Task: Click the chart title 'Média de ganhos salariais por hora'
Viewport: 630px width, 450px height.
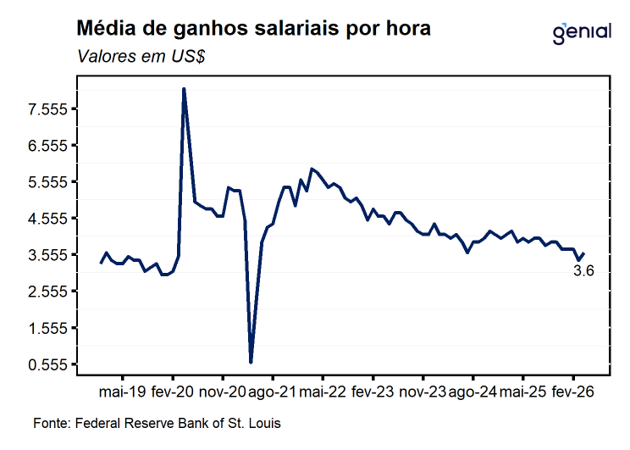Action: tap(253, 29)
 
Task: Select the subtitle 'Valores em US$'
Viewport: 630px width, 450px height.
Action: tap(141, 56)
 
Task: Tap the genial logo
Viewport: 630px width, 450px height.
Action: tap(582, 33)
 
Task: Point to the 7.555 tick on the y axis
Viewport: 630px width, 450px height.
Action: tap(47, 109)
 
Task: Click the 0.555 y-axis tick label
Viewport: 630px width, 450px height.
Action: tap(47, 364)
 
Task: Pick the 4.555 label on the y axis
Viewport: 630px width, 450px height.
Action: tap(47, 219)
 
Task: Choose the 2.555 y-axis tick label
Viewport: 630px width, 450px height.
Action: tap(47, 292)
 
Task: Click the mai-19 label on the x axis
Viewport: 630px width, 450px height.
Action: tap(123, 392)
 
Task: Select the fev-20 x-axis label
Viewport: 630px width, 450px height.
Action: tap(173, 392)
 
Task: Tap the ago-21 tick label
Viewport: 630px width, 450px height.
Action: tap(273, 392)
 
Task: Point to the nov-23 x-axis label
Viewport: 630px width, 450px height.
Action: tap(423, 392)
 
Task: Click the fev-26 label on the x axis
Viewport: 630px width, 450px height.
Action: tap(573, 392)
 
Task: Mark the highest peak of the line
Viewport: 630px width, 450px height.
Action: tap(184, 88)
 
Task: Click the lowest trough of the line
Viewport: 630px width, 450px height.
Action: tap(251, 363)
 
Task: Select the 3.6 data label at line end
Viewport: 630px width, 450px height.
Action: tap(583, 270)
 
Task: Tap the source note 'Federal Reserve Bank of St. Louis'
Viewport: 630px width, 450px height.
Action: tap(178, 423)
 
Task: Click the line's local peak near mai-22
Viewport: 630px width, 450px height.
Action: tap(312, 169)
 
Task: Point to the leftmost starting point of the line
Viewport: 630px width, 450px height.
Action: tap(101, 263)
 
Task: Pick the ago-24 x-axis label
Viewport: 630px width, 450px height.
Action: tap(472, 392)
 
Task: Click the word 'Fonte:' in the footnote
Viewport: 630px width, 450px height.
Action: tap(52, 423)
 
